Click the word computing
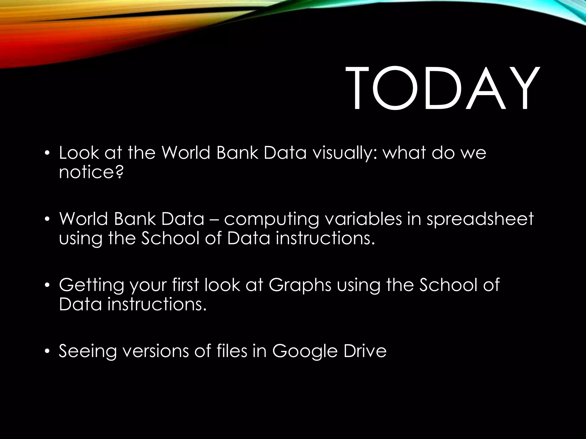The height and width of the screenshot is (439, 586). pos(271,219)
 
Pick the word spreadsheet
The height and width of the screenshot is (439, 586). pos(480,219)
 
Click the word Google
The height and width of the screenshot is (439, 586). pos(305,351)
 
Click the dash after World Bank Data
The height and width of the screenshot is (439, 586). pos(214,219)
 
